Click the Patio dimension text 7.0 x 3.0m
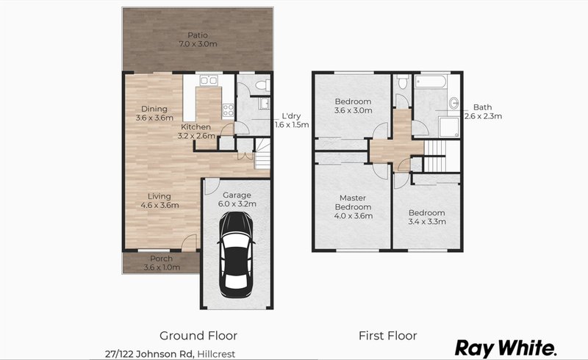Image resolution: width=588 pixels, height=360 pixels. point(196,45)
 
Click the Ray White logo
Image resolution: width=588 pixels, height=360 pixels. point(506,347)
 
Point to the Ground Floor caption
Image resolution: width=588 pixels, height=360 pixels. point(199,336)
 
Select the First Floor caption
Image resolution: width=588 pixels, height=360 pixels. point(387,336)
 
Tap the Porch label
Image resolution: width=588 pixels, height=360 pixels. point(161,259)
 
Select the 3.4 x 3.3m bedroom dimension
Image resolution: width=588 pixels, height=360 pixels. point(427,222)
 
